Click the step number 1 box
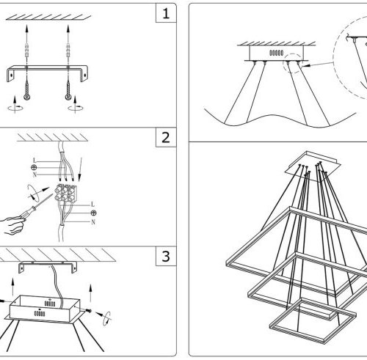pos(166,13)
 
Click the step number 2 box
pos(166,137)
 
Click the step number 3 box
pos(166,256)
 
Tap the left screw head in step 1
pos(27,97)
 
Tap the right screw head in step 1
pos(68,97)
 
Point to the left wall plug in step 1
pos(27,50)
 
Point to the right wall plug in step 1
pos(68,50)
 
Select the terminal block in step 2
pos(65,193)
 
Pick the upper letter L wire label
pos(34,161)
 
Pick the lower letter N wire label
pos(93,222)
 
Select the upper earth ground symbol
pos(34,167)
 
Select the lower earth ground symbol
pos(93,213)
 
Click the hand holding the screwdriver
pos(12,225)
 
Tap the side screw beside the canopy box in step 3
pos(89,311)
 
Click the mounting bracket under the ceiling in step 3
pos(48,267)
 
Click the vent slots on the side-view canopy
pos(277,53)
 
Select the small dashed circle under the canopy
pos(293,63)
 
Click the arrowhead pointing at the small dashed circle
pos(305,65)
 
